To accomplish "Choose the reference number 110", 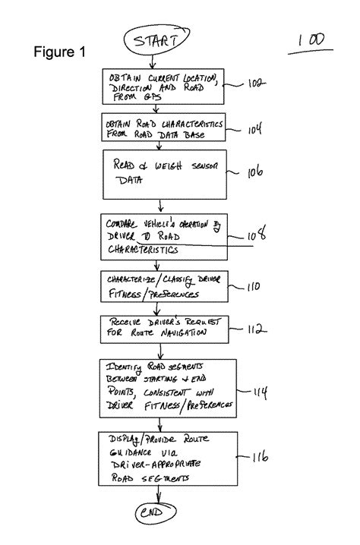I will click(x=253, y=288).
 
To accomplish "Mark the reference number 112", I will click(x=254, y=329).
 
